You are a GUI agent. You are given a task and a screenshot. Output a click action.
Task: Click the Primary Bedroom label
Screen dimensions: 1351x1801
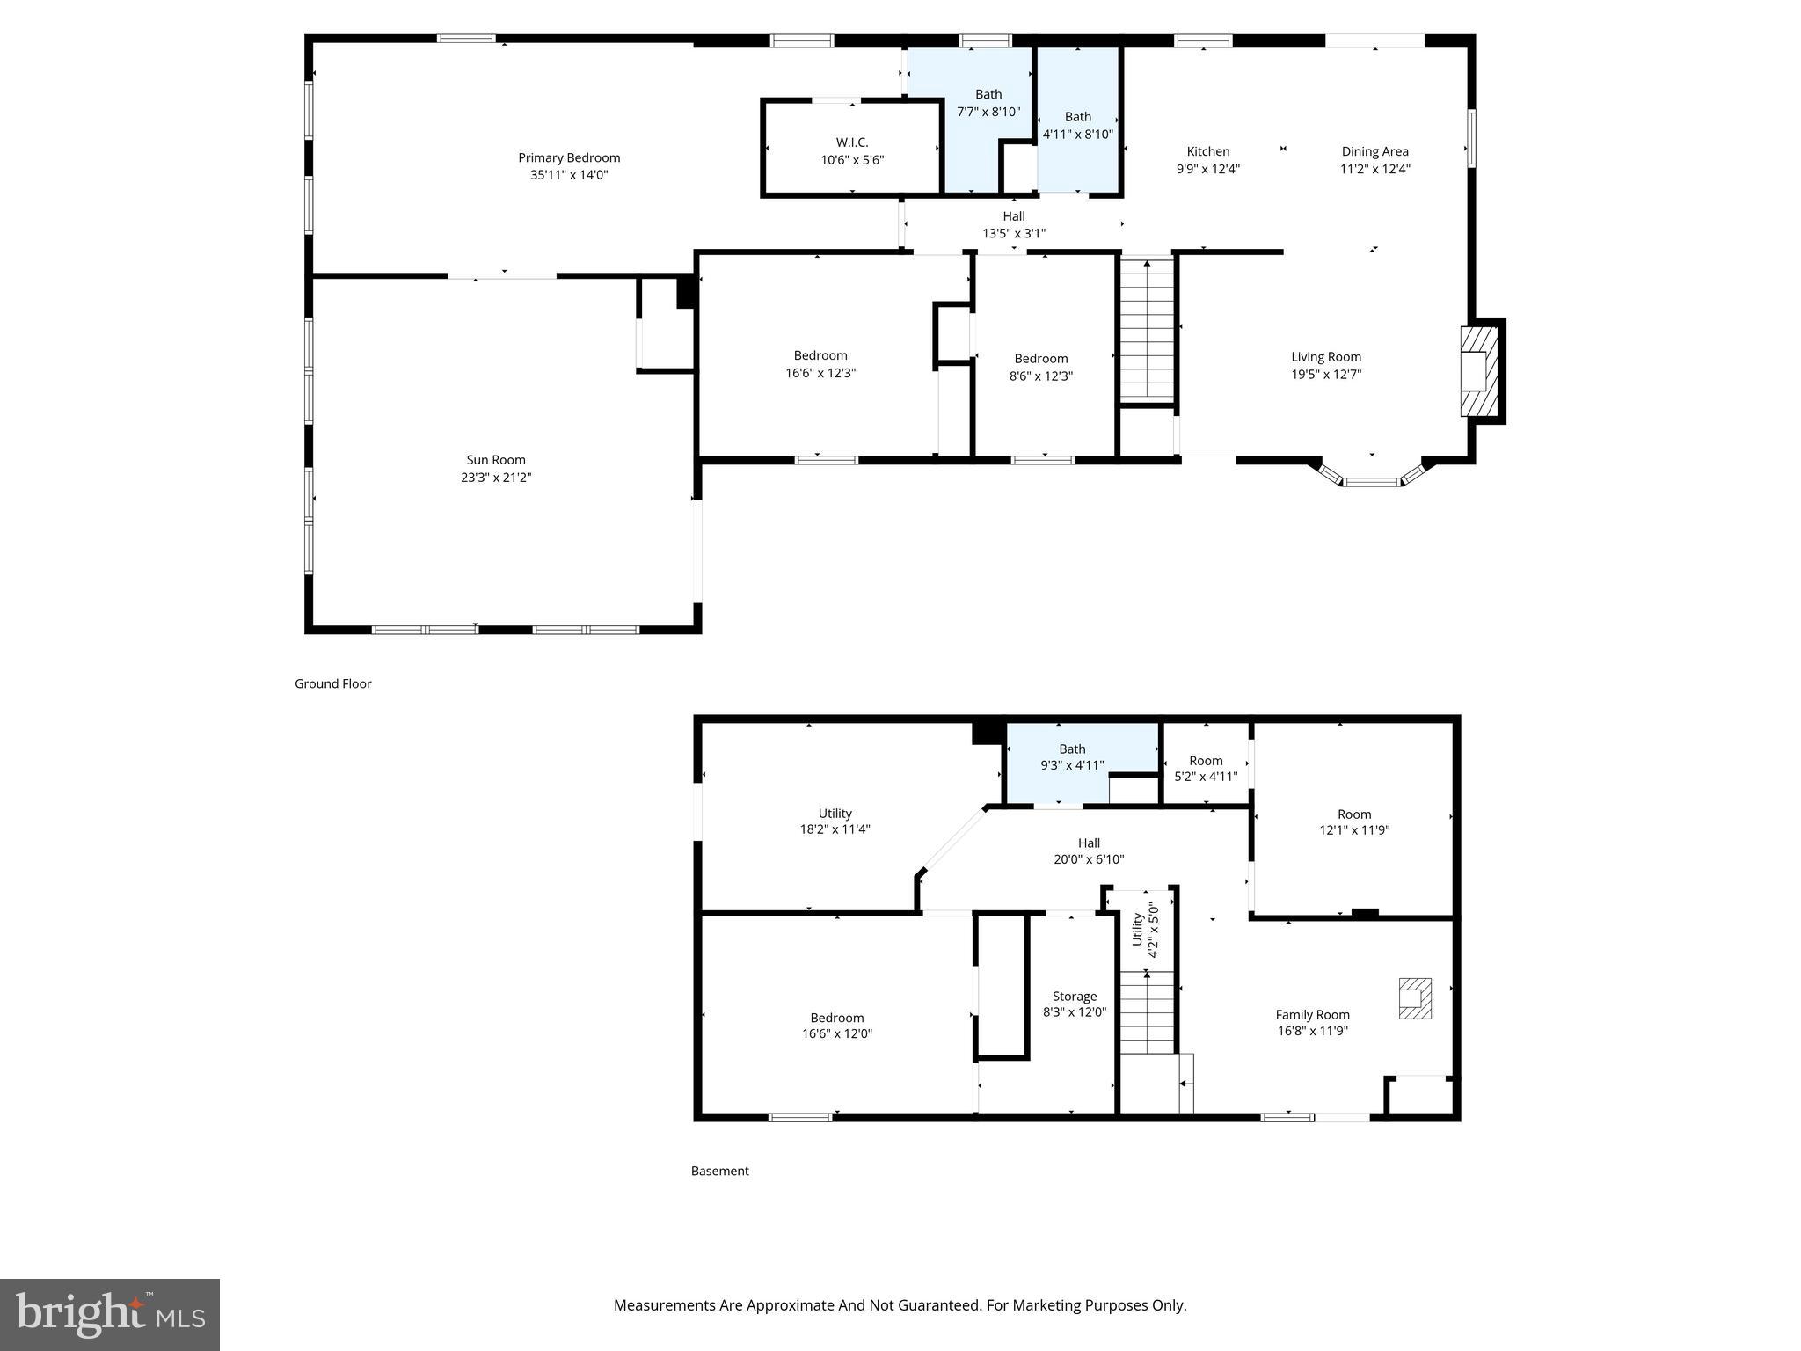pyautogui.click(x=569, y=158)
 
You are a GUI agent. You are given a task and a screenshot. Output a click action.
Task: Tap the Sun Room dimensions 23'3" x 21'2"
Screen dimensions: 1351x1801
pyautogui.click(x=496, y=478)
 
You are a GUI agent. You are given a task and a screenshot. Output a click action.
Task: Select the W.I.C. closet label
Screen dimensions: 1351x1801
pyautogui.click(x=851, y=142)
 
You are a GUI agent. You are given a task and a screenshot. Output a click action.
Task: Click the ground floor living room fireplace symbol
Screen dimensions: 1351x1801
pyautogui.click(x=1479, y=370)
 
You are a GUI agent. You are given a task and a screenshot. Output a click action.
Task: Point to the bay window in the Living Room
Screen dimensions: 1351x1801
pyautogui.click(x=1372, y=480)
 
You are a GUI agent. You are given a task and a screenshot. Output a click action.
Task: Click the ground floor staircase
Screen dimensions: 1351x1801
pyautogui.click(x=1147, y=330)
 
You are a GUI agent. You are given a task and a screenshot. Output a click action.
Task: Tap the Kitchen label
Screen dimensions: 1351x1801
pyautogui.click(x=1207, y=152)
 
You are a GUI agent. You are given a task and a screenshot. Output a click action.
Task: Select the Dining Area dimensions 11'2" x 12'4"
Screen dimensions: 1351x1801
pyautogui.click(x=1374, y=169)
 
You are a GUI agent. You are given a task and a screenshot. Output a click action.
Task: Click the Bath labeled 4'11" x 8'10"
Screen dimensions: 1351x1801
pyautogui.click(x=1077, y=126)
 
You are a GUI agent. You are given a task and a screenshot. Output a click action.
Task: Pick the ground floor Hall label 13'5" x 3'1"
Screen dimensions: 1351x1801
pyautogui.click(x=1014, y=225)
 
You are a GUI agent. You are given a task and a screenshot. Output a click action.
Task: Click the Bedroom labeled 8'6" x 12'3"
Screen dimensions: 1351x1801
pyautogui.click(x=1041, y=367)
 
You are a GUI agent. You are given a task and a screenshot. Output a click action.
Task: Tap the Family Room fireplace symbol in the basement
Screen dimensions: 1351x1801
pyautogui.click(x=1415, y=998)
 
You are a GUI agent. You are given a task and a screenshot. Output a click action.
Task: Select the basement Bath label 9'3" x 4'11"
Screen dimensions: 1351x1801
pyautogui.click(x=1072, y=757)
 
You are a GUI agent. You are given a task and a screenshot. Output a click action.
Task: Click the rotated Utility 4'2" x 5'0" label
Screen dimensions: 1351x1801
pyautogui.click(x=1145, y=930)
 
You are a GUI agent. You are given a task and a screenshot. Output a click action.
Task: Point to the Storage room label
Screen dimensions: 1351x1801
pyautogui.click(x=1074, y=997)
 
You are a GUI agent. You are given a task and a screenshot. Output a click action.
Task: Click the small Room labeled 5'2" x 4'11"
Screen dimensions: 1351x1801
pyautogui.click(x=1206, y=768)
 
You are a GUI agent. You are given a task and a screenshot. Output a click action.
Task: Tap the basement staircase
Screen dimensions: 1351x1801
pyautogui.click(x=1147, y=1012)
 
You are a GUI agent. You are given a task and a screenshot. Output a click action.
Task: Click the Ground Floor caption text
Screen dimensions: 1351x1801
pyautogui.click(x=332, y=683)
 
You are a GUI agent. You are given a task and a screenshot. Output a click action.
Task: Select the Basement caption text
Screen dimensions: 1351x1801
pyautogui.click(x=719, y=1171)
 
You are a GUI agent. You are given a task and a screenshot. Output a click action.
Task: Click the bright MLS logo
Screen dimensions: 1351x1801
pyautogui.click(x=110, y=1314)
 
